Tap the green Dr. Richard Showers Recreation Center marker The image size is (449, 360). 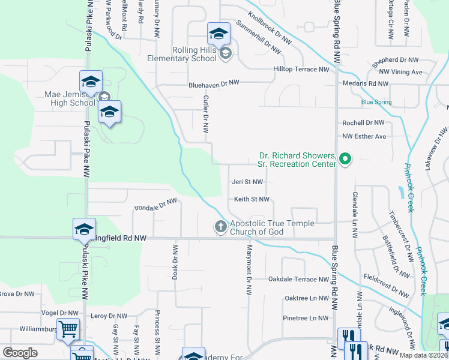pyautogui.click(x=345, y=159)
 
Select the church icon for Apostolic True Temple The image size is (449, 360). pyautogui.click(x=220, y=227)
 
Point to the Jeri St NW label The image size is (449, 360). pyautogui.click(x=247, y=182)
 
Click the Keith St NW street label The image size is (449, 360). pyautogui.click(x=251, y=200)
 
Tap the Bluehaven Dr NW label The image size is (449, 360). pyautogui.click(x=214, y=83)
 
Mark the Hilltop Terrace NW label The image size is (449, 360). pyautogui.click(x=301, y=70)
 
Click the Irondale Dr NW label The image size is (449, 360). pyautogui.click(x=155, y=205)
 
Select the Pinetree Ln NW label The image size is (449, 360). pyautogui.click(x=306, y=318)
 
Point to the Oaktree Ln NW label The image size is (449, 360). pyautogui.click(x=307, y=298)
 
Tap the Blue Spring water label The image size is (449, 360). pyautogui.click(x=376, y=102)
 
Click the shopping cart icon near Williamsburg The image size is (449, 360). pyautogui.click(x=68, y=329)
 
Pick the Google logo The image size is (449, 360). pyautogui.click(x=20, y=353)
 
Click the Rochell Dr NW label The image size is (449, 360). pyautogui.click(x=363, y=122)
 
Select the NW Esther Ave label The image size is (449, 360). pyautogui.click(x=364, y=136)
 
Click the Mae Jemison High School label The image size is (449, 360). pyautogui.click(x=70, y=98)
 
